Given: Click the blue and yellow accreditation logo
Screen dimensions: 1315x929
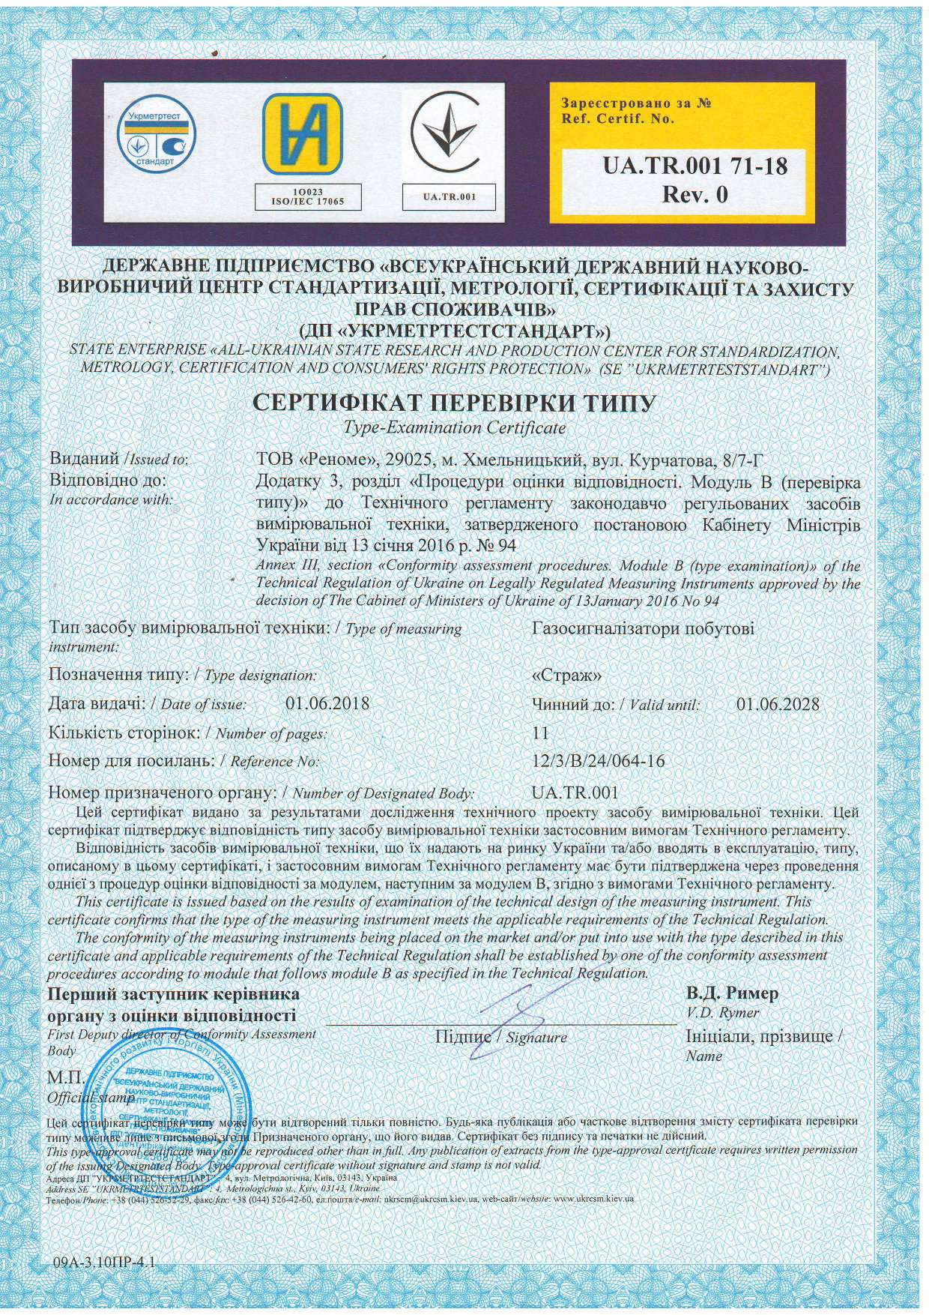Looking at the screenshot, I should (x=301, y=136).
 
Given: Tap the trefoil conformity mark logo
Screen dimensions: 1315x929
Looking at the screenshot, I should (x=450, y=136).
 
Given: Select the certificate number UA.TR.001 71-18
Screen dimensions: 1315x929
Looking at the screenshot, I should (x=695, y=165).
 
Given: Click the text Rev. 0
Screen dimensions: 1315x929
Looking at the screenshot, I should (x=695, y=194).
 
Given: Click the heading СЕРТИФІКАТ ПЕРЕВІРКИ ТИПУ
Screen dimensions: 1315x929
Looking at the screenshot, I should (x=454, y=403).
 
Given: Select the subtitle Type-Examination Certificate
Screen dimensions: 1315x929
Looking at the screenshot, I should (x=454, y=428).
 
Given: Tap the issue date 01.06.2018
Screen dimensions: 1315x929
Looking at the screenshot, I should (x=327, y=704).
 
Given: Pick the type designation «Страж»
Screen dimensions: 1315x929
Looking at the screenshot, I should (x=566, y=675).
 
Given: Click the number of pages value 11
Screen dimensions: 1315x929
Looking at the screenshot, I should (x=539, y=732).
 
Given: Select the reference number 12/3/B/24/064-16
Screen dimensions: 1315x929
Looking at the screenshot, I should (x=598, y=761).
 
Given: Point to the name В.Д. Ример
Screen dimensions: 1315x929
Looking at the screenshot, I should (x=732, y=993).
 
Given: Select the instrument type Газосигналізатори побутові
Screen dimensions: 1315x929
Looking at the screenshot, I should (x=643, y=628).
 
